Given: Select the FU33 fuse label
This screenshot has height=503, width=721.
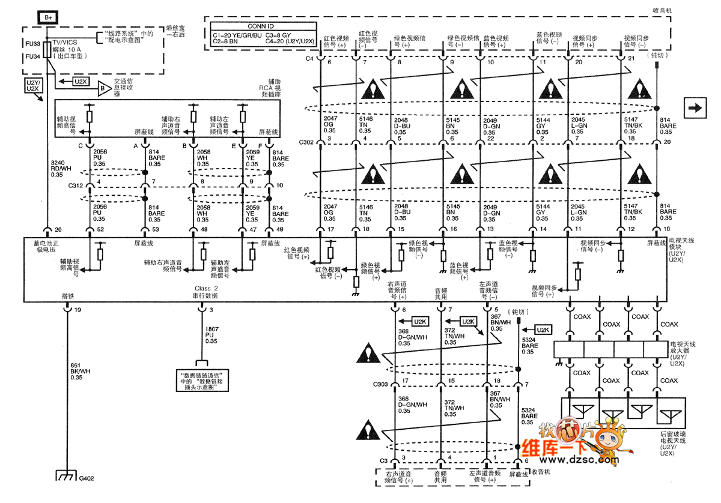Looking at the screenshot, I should [x=32, y=44].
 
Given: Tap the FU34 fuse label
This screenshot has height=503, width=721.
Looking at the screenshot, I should [x=32, y=56].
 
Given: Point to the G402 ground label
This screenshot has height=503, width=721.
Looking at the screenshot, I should [x=87, y=478].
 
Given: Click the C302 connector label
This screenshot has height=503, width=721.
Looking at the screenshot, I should [x=305, y=142].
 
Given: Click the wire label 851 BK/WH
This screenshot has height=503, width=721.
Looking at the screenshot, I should [x=80, y=371].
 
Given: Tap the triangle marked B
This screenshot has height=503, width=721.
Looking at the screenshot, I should [x=103, y=89].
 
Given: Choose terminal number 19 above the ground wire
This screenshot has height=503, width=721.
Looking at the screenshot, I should [x=76, y=310].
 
